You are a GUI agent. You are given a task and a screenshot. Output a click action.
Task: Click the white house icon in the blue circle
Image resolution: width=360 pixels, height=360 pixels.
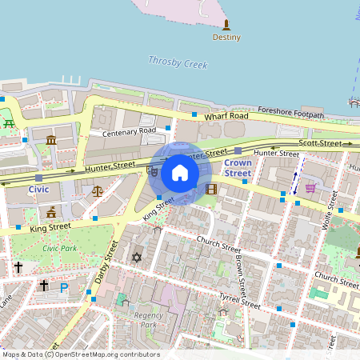tap(179, 173)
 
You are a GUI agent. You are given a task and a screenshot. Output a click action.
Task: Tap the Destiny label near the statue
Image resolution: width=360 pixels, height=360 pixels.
tap(226, 37)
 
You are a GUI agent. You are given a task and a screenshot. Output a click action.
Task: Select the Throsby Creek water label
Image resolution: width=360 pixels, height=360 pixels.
tap(178, 63)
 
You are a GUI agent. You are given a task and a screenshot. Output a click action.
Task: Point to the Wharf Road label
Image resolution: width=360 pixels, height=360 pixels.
tap(226, 116)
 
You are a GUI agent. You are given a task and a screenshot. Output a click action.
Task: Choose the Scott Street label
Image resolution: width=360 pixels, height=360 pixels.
tap(319, 142)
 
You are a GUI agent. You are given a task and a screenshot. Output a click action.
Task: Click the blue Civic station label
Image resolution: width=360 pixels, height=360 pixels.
tap(38, 190)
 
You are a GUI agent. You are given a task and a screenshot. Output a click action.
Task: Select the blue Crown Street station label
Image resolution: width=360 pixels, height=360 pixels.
tap(238, 168)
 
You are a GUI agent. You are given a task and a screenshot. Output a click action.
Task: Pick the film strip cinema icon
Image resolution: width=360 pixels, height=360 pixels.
tap(211, 190)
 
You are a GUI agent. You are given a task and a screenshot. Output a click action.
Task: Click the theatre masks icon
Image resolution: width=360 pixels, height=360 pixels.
tap(152, 170)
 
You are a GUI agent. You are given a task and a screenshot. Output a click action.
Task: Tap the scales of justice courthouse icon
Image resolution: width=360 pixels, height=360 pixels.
tap(98, 191)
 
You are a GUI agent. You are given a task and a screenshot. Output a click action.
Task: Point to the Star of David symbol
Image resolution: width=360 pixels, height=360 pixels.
tap(136, 258)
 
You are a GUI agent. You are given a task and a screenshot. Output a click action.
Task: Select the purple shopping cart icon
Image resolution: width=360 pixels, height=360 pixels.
tap(310, 189)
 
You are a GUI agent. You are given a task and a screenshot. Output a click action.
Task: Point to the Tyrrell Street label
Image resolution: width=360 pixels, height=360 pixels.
tap(240, 301)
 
